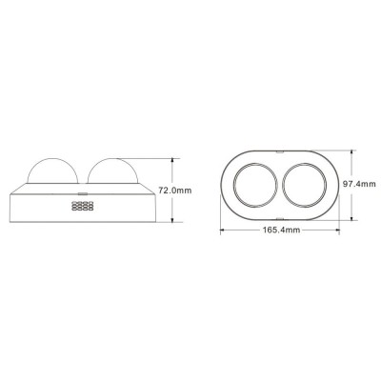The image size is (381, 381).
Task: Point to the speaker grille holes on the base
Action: (82, 206)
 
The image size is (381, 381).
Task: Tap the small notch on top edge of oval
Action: (277, 149)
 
